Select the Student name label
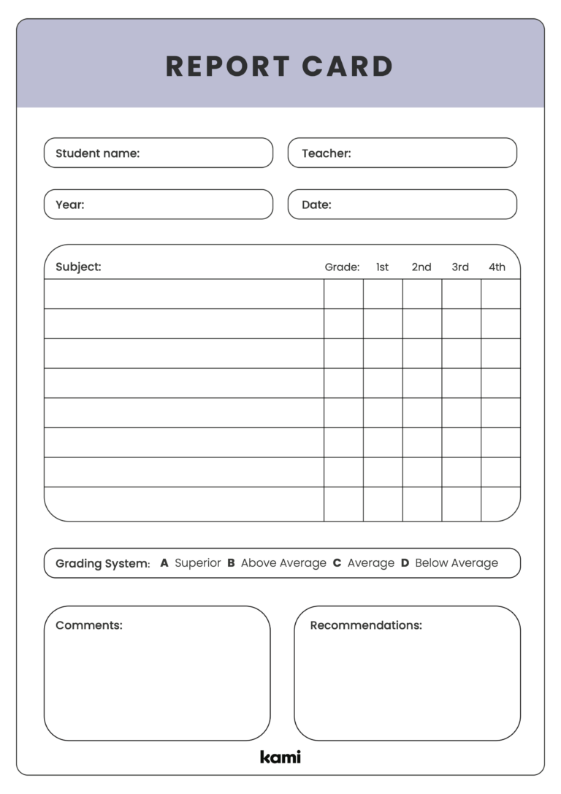97,153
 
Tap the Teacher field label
326,153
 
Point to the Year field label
70,205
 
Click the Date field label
316,205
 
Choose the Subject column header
78,267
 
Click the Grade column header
342,267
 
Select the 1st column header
382,267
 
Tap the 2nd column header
421,267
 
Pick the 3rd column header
460,267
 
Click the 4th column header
497,267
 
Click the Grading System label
102,564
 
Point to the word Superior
197,563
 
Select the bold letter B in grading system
231,563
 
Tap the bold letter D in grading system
405,563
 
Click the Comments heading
89,625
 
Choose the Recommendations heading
366,625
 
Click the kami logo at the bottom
280,757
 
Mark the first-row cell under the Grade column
343,294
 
